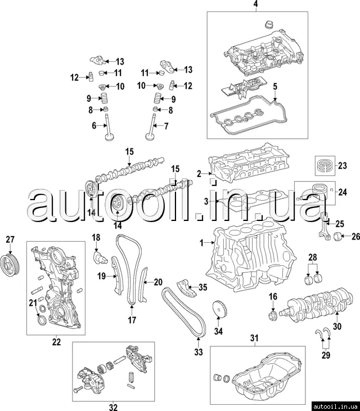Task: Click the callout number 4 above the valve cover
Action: (x=255, y=5)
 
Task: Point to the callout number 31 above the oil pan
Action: (x=254, y=337)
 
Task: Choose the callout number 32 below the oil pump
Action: (x=112, y=407)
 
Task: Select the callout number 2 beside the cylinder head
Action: (x=199, y=173)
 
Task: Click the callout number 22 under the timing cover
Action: (x=56, y=341)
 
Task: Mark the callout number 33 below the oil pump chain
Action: (x=198, y=353)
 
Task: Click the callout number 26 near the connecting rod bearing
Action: (x=355, y=236)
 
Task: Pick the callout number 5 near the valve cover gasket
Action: (x=276, y=86)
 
